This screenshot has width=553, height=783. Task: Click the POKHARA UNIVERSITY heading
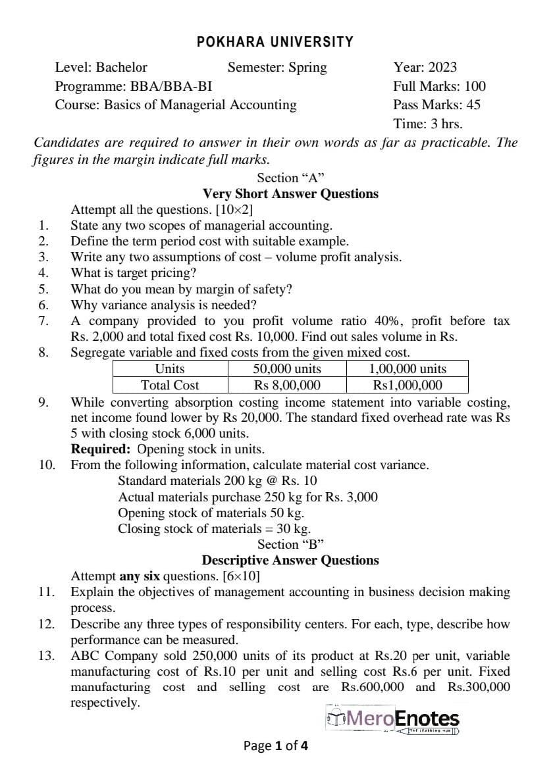[275, 42]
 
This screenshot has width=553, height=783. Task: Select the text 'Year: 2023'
[425, 67]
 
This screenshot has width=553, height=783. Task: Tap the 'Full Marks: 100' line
[439, 86]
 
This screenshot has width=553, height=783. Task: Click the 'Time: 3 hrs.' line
[427, 124]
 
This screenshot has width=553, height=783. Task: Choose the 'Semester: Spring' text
[276, 67]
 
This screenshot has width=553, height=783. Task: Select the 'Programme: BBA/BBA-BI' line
[134, 86]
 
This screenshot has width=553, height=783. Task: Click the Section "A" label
[290, 178]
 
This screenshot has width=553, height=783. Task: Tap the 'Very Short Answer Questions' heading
[290, 193]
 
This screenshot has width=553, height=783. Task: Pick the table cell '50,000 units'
[287, 368]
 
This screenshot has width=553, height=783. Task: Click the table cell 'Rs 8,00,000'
[287, 385]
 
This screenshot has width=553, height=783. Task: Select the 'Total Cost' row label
[170, 385]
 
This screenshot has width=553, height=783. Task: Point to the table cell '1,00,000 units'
[408, 368]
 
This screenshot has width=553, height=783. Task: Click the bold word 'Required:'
[99, 449]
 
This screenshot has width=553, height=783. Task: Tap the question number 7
[43, 321]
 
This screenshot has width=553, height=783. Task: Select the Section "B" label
[290, 544]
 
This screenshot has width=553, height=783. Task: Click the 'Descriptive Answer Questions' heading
[290, 560]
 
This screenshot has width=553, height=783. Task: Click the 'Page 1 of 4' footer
[275, 745]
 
